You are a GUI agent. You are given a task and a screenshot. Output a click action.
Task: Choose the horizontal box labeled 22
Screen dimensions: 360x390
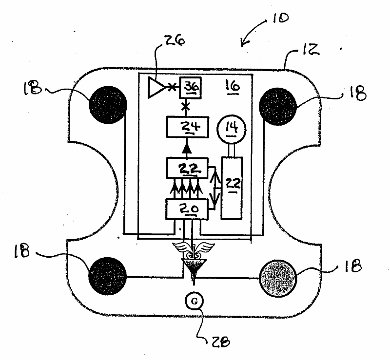[x=187, y=169]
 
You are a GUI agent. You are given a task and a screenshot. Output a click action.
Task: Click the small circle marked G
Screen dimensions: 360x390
[x=194, y=301]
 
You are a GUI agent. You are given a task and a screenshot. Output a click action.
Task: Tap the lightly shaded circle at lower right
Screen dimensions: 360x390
[x=279, y=276]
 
